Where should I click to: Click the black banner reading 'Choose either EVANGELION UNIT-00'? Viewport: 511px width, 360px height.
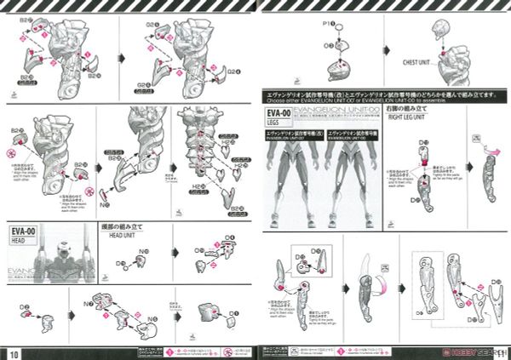pyautogui.click(x=383, y=95)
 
